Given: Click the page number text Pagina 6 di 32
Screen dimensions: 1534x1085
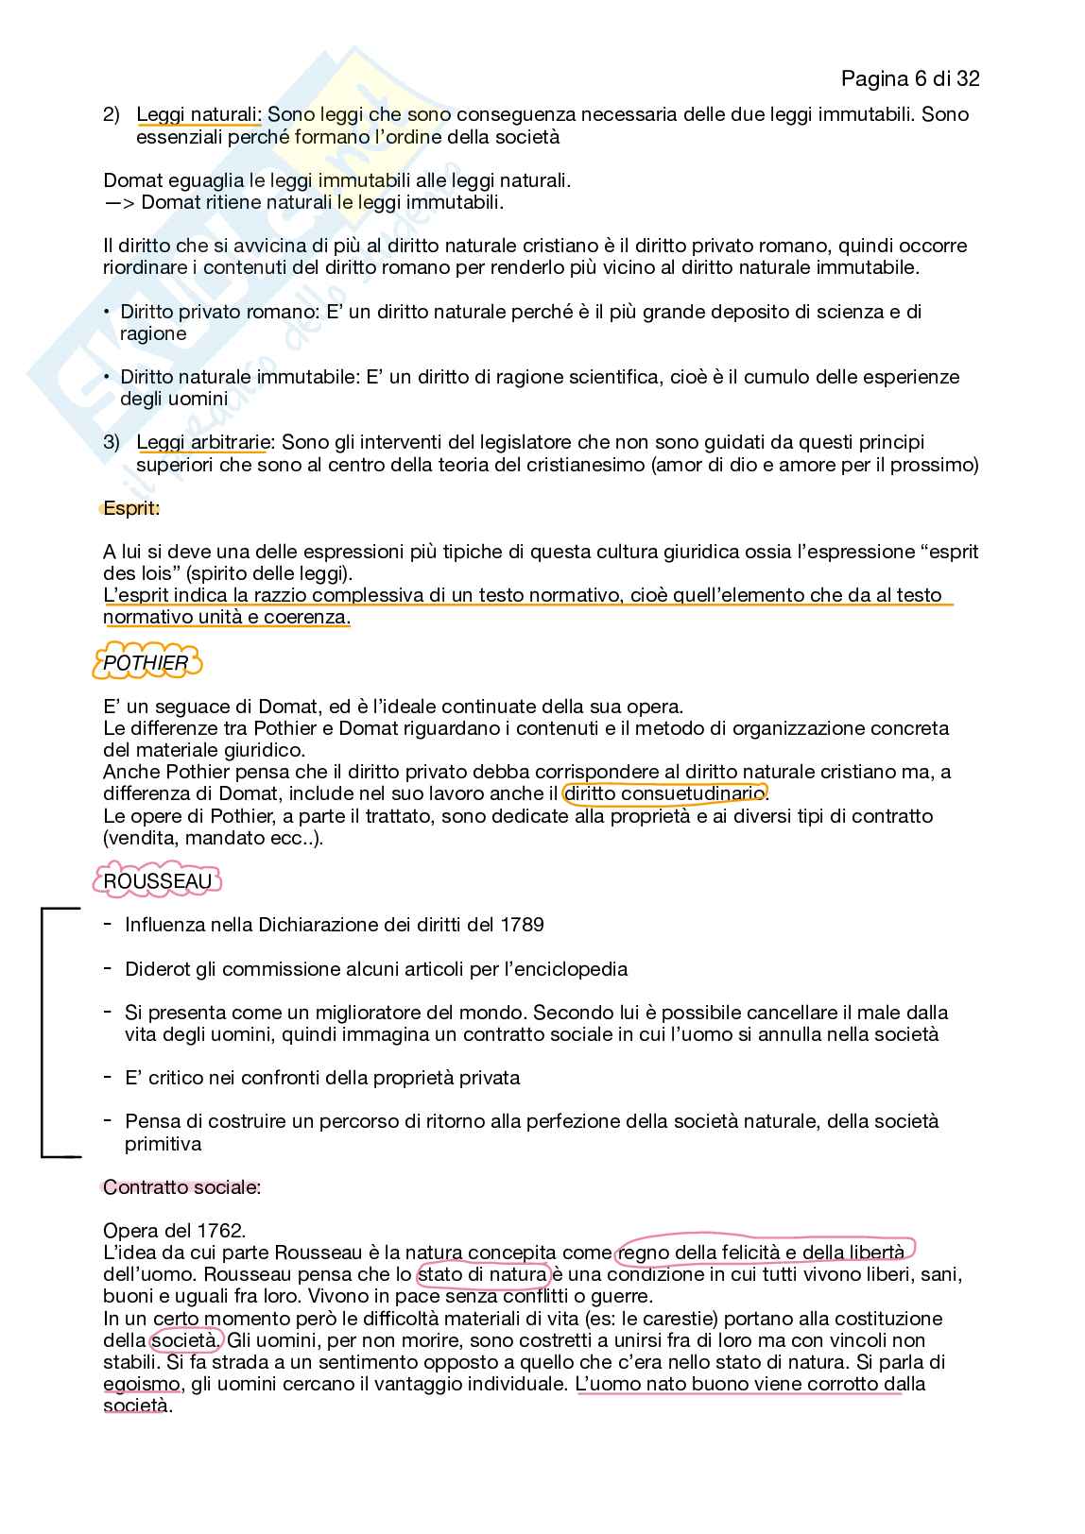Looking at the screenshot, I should pos(909,78).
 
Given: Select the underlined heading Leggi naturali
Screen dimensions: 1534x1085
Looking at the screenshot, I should pos(198,115).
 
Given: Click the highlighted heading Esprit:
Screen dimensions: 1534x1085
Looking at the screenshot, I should pos(131,508).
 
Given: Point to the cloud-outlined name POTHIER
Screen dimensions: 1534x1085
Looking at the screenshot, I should pos(146,663).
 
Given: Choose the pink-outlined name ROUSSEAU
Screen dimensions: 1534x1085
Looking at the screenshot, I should pos(157,881).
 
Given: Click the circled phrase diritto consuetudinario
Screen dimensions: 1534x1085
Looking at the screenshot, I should pos(664,793).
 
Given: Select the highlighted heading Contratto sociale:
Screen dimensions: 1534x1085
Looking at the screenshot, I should pos(181,1187).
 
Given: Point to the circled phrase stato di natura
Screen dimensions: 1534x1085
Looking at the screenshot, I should pos(482,1274).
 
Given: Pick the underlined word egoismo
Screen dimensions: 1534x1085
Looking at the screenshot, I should pos(142,1384).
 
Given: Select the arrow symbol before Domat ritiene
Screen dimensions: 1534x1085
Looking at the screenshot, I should pos(118,202).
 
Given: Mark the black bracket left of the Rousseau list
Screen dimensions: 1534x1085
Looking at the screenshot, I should pos(43,1031).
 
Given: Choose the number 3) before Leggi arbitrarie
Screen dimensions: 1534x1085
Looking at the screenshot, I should pos(112,442).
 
